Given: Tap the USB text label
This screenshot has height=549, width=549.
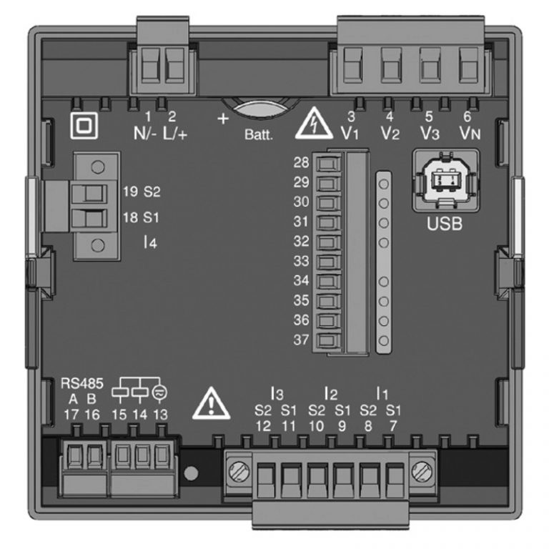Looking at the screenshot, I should [x=444, y=223].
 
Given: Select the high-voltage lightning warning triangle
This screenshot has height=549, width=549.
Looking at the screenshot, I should [x=313, y=124].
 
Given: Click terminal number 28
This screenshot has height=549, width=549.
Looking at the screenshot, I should [x=300, y=162].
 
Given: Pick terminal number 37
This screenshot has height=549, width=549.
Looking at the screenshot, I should [x=300, y=340].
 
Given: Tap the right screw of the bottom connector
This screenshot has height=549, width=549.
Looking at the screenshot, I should [x=422, y=471].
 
